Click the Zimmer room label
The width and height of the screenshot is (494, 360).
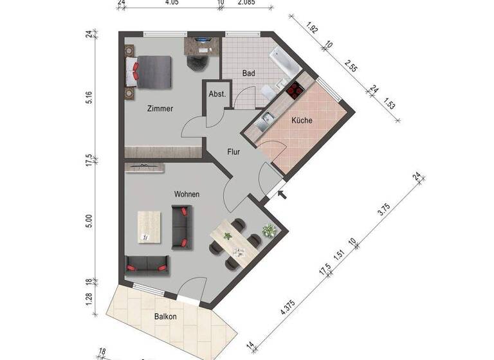160,109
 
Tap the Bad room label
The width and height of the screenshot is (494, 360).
248,73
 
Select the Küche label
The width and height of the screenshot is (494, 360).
302,120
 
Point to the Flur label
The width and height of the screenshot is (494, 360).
233,152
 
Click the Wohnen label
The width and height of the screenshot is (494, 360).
187,194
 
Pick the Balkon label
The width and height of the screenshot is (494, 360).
165,316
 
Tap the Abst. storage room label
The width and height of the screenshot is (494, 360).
217,94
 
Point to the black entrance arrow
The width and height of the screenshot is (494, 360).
280,193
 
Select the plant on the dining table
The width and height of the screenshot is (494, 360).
227,236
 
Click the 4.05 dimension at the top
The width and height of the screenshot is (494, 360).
171,3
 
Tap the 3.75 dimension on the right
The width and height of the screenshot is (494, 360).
384,210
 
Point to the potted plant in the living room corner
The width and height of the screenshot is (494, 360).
268,229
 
